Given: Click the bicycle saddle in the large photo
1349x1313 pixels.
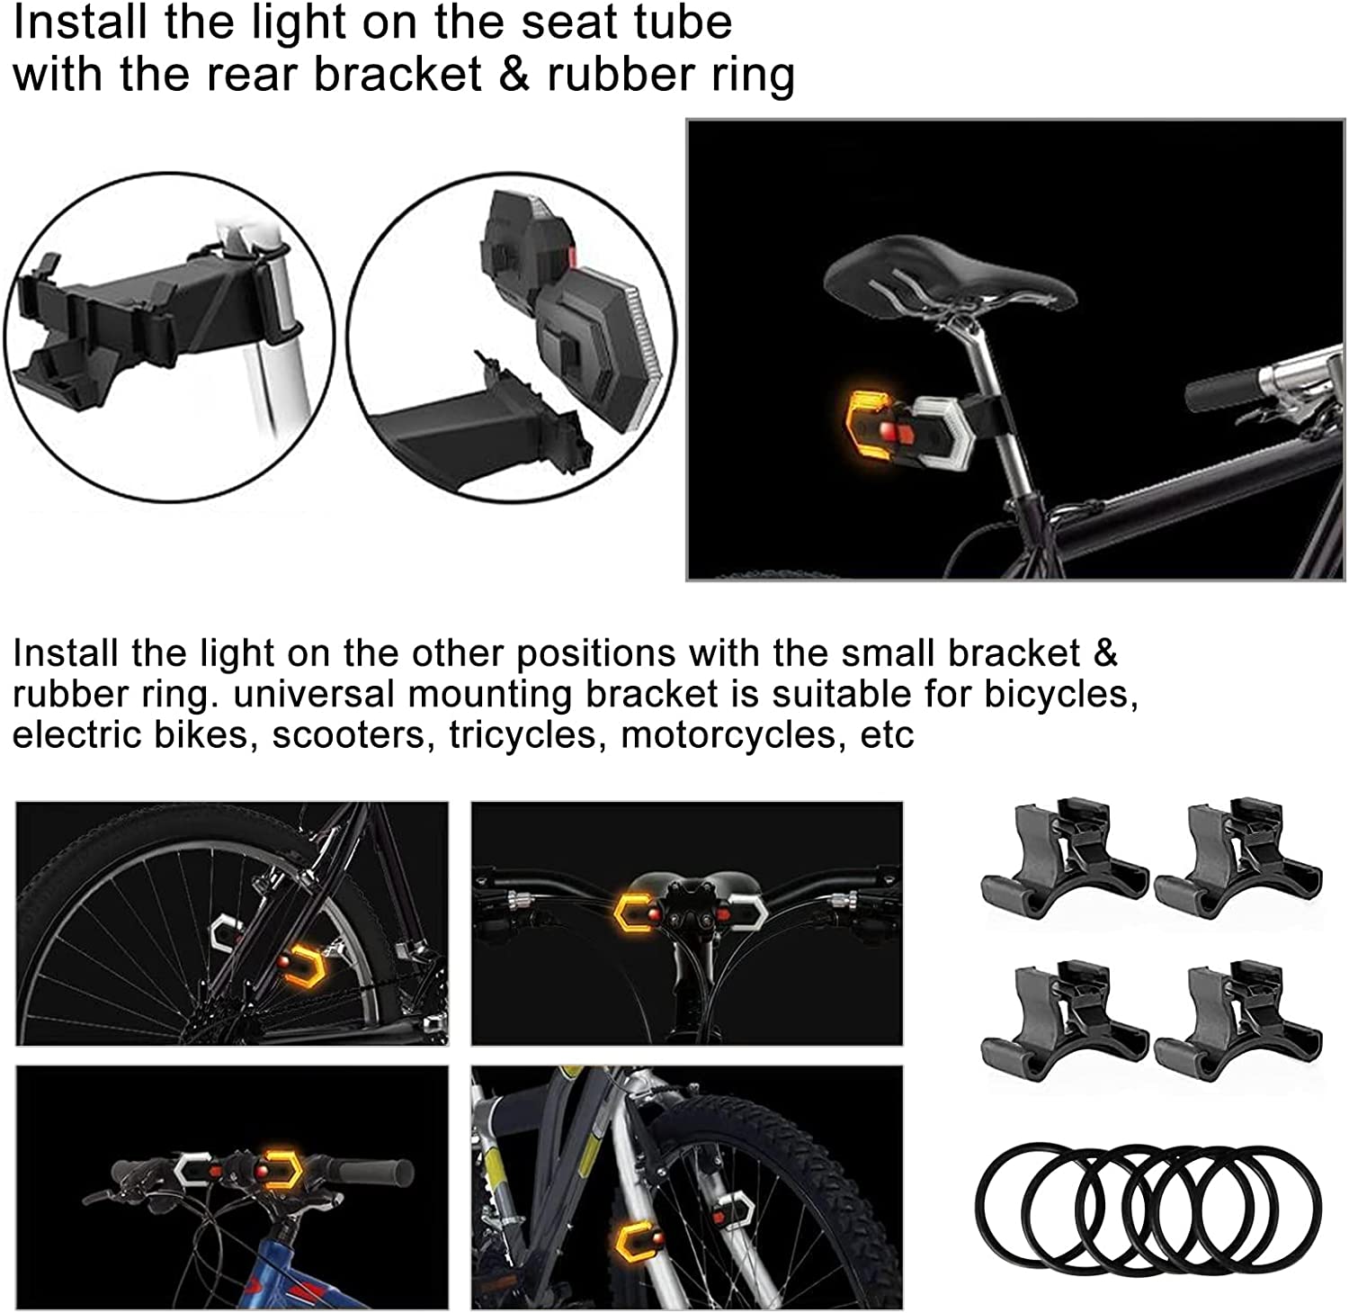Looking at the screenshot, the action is (x=949, y=280).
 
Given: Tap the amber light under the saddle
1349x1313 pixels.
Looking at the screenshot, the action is (x=870, y=423).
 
